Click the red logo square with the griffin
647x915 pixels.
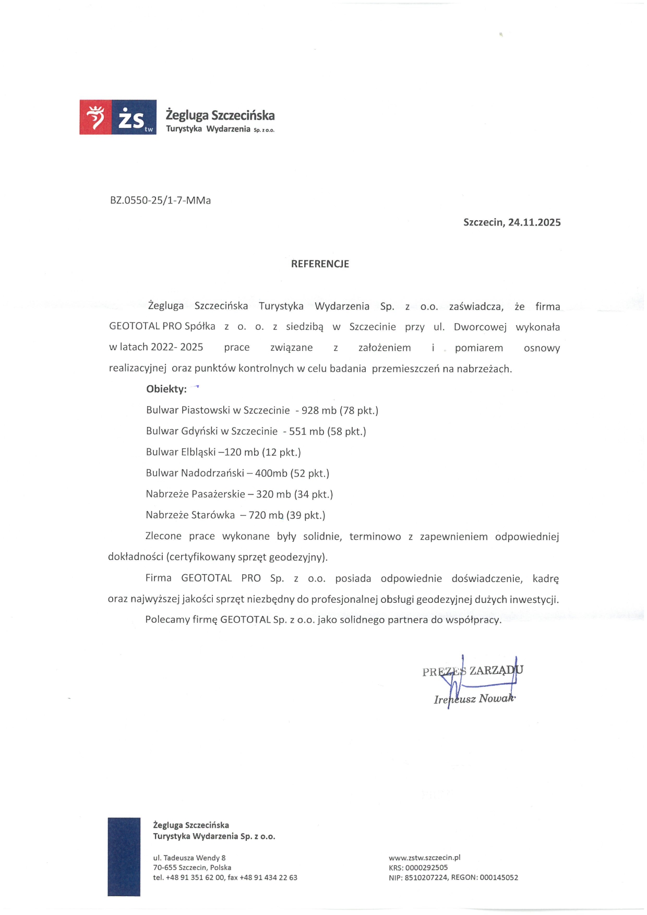pos(95,117)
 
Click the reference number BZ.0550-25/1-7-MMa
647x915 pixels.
pos(160,200)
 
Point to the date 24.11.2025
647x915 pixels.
pos(534,222)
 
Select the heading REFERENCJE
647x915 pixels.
pos(320,264)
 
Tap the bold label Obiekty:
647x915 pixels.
pos(166,389)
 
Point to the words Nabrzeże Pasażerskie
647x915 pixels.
pos(195,494)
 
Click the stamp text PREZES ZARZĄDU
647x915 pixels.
pos(472,671)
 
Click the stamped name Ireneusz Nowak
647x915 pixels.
pos(474,699)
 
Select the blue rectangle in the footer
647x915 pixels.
pos(124,857)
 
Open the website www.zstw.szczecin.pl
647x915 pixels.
pos(424,858)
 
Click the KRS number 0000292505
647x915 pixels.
pos(426,868)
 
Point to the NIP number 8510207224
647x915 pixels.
pos(426,877)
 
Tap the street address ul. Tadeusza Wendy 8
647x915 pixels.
pos(189,858)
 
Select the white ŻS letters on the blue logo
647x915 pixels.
pos(131,118)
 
